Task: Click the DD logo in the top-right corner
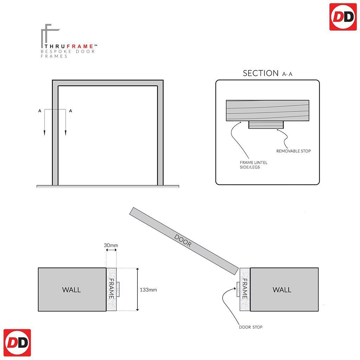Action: (x=343, y=17)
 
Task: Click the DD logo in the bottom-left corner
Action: (x=17, y=343)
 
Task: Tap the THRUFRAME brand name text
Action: (x=69, y=46)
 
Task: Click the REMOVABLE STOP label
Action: (x=293, y=151)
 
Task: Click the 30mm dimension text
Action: (x=111, y=245)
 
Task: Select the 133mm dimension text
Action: (x=148, y=290)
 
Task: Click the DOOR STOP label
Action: (x=251, y=327)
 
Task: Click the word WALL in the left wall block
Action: (x=71, y=290)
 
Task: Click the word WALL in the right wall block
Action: (x=282, y=290)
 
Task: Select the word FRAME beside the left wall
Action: (x=111, y=289)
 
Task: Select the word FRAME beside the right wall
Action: (x=245, y=289)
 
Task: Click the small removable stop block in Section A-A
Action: (x=266, y=125)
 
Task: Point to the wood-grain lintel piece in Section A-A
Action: (x=267, y=110)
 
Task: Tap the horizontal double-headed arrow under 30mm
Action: (x=111, y=250)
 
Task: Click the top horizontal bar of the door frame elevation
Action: (x=108, y=83)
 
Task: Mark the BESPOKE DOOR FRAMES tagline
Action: (x=67, y=54)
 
